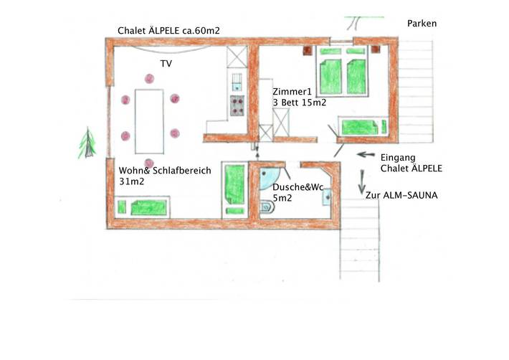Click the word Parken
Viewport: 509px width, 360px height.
[422, 24]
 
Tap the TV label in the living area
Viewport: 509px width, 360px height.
[166, 64]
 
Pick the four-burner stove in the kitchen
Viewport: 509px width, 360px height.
[237, 106]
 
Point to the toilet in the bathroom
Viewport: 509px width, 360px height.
[267, 209]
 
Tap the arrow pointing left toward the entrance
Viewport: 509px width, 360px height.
[366, 154]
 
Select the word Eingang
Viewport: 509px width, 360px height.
[399, 158]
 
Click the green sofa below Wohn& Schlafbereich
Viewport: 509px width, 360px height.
[143, 208]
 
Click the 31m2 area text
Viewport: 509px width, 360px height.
[133, 182]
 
